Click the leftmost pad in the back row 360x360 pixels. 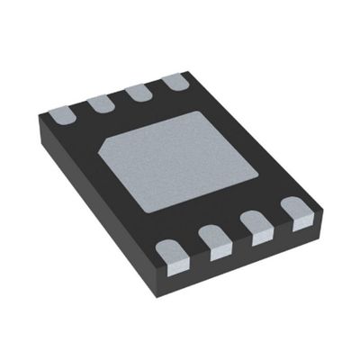pyautogui.click(x=58, y=115)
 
